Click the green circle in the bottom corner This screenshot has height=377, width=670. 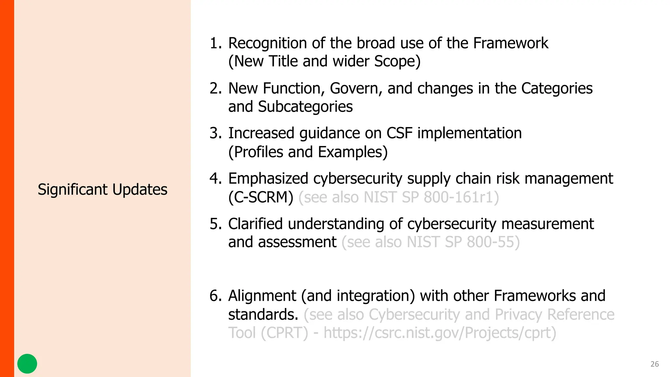click(x=27, y=364)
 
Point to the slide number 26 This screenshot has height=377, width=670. click(x=655, y=364)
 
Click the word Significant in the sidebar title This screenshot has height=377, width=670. click(x=73, y=189)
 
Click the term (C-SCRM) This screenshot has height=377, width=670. click(x=261, y=197)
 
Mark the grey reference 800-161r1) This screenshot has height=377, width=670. click(x=461, y=197)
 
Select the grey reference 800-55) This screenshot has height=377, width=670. click(x=493, y=242)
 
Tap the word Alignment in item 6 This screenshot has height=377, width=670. click(x=262, y=296)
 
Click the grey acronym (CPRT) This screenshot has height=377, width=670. click(x=284, y=333)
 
